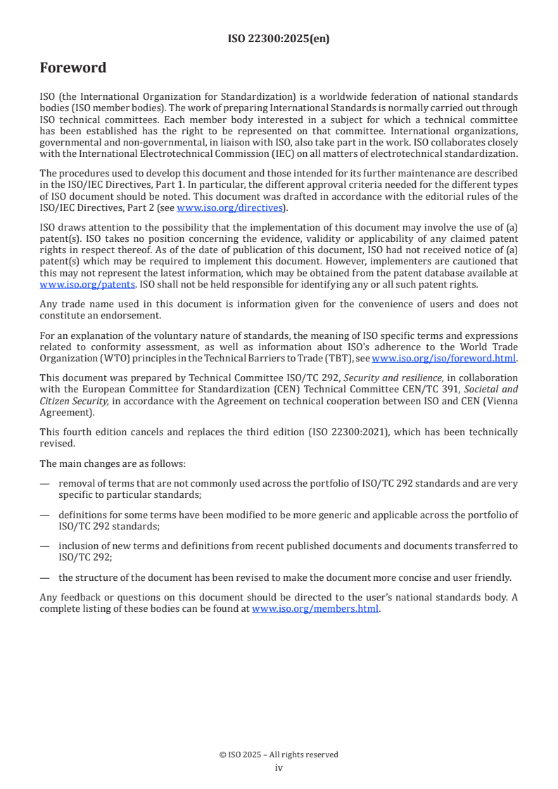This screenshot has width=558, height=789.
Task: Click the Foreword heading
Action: point(73,68)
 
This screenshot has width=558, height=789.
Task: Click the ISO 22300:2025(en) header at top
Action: point(279,39)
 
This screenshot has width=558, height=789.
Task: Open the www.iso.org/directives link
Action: point(230,207)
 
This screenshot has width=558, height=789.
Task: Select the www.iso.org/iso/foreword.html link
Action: point(443,358)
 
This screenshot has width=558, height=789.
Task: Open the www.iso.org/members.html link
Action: point(315,609)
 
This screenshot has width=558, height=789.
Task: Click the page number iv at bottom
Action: point(279,767)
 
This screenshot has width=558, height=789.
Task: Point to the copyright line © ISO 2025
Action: point(279,755)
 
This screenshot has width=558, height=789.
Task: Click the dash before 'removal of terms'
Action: point(45,484)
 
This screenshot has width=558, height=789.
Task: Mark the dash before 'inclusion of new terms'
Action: point(45,546)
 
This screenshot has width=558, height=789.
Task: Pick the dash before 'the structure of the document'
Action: point(45,577)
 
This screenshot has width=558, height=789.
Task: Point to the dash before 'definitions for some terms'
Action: point(45,515)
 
